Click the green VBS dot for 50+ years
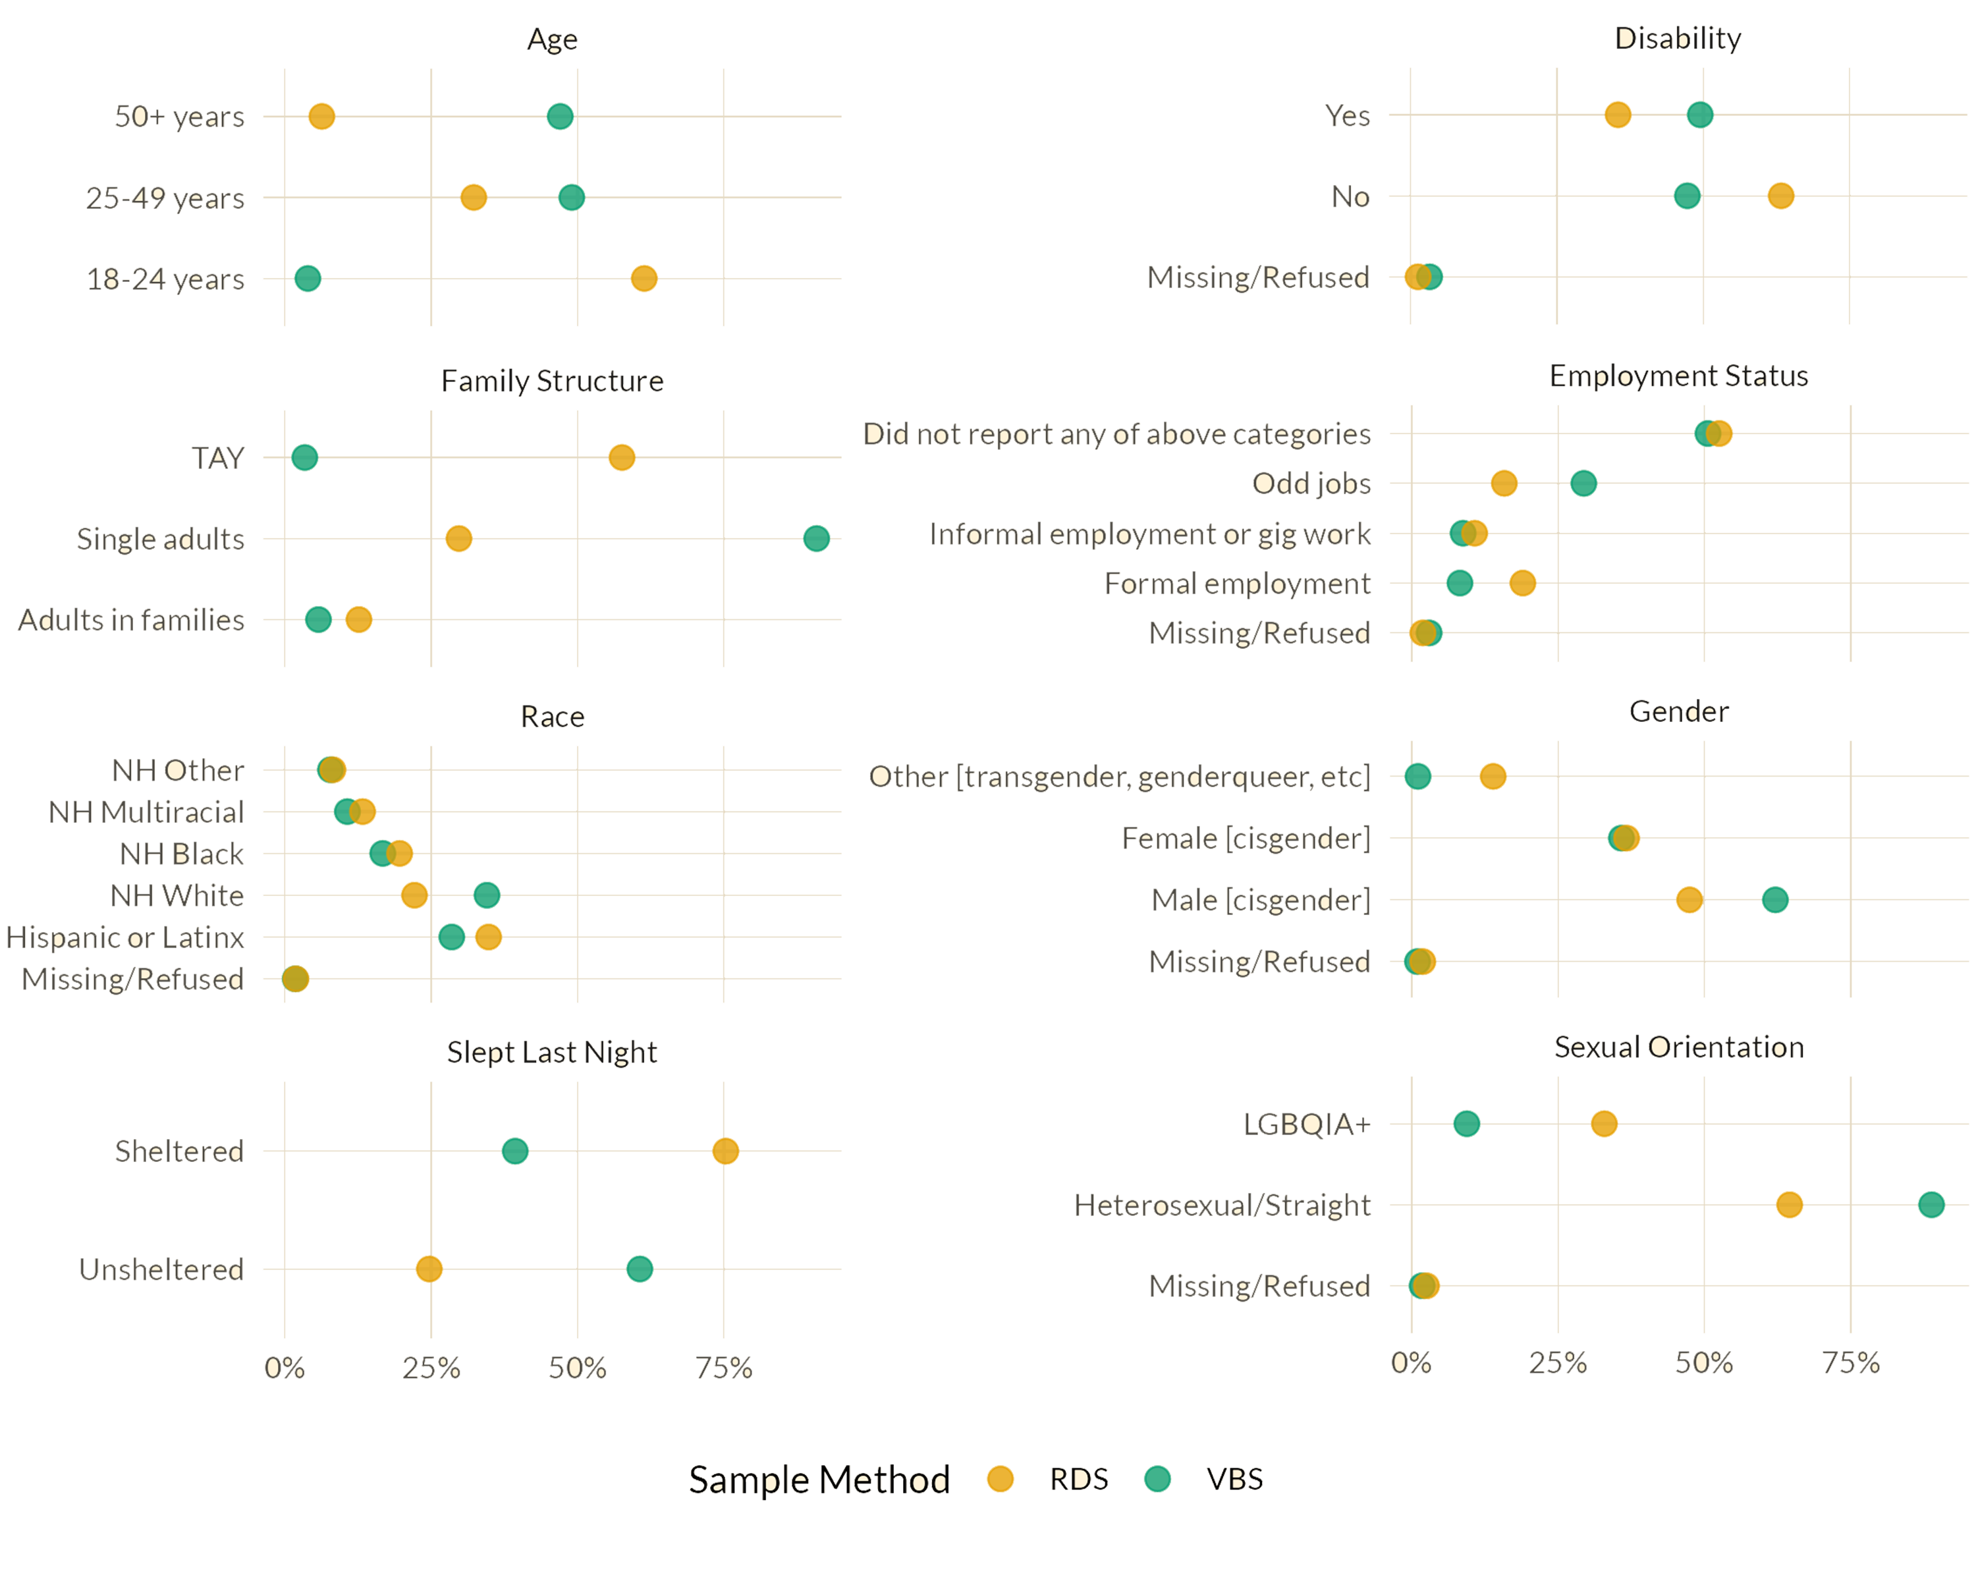point(560,117)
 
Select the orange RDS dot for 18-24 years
point(644,278)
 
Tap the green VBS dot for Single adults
point(815,538)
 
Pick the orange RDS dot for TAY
point(621,457)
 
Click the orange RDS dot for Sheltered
point(725,1150)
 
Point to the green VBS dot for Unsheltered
point(640,1269)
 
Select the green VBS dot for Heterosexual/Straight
point(1931,1204)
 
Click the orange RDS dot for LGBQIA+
point(1604,1124)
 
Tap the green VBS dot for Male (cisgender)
point(1775,900)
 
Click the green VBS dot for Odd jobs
point(1583,483)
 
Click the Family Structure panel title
point(553,379)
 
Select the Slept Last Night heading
point(553,1051)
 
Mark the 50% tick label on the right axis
point(1705,1363)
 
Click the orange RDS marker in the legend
point(1000,1478)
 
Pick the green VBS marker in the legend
point(1157,1478)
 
